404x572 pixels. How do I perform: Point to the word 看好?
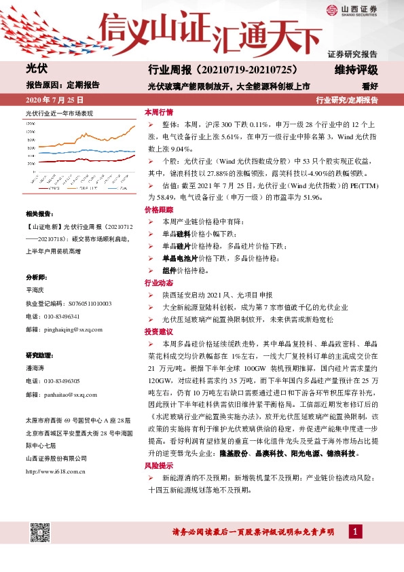pos(369,86)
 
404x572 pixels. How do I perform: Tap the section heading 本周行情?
pos(158,111)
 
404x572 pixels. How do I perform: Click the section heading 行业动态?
pos(158,283)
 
